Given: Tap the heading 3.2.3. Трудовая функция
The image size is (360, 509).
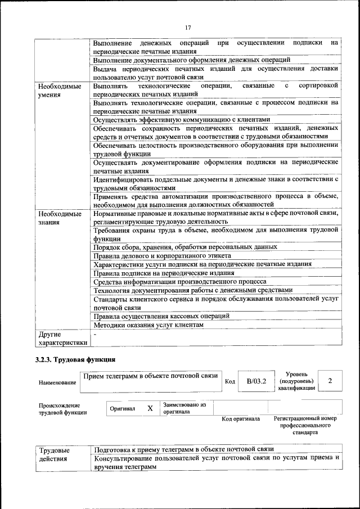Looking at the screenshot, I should (x=76, y=359).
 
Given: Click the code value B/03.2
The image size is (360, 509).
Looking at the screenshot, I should (x=256, y=381).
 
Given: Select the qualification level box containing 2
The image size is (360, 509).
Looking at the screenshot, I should (x=330, y=381).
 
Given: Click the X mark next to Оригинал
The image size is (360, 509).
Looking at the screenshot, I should (x=150, y=408).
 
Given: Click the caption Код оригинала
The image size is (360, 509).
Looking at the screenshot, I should (x=240, y=419).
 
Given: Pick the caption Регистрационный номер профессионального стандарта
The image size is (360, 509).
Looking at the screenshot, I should (x=305, y=426).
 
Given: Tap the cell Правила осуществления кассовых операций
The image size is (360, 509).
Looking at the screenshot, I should (x=161, y=316).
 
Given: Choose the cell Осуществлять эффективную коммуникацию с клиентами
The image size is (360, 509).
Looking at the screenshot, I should (x=182, y=120).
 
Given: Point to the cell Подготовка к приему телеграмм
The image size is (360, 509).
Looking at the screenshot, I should (x=184, y=449).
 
